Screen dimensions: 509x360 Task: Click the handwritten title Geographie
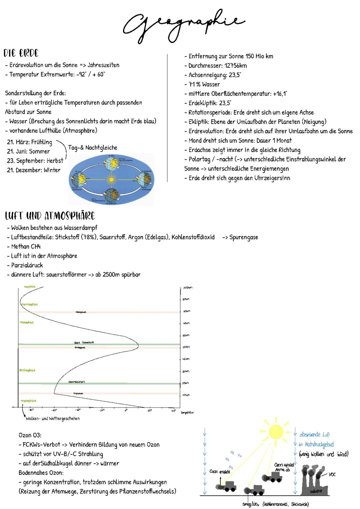coord(183,25)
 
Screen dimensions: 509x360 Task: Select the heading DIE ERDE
coord(21,53)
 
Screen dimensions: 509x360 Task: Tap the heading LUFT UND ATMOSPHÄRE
coord(50,216)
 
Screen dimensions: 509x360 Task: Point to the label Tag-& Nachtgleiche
coord(93,148)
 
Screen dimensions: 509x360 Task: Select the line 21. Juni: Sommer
coord(28,151)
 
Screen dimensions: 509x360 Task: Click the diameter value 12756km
coord(236,66)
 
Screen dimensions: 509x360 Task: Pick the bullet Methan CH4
coord(26,247)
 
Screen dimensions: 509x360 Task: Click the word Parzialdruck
coord(27,265)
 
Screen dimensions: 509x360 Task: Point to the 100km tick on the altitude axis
coord(187,288)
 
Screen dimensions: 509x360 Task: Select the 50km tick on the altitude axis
coord(186,347)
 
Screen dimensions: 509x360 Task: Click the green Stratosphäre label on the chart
coord(27,370)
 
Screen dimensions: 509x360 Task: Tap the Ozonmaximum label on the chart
coord(76,382)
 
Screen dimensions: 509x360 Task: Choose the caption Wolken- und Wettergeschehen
coord(53,419)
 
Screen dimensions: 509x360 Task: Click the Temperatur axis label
coord(187,413)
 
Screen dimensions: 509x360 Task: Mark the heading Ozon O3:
coord(30,435)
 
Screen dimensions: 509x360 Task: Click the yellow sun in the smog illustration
coord(276,432)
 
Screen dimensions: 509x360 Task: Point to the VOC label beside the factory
coord(332,474)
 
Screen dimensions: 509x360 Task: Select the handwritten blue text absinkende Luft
coord(314,435)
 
